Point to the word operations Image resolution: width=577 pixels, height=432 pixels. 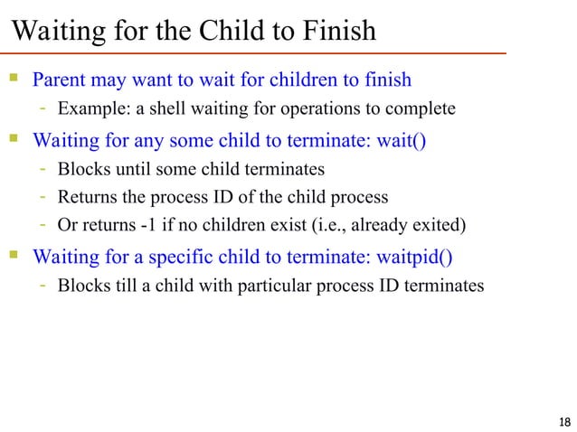(x=307, y=109)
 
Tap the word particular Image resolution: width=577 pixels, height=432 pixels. (x=275, y=286)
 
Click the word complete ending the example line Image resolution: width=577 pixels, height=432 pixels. (x=422, y=109)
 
